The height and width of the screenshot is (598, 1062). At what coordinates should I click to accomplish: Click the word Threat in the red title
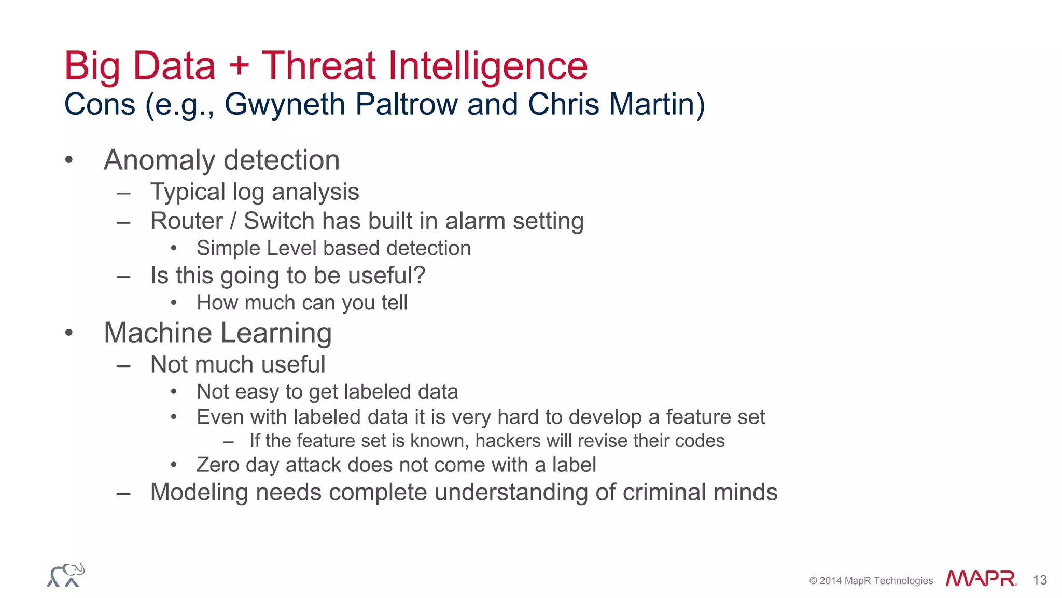coord(318,66)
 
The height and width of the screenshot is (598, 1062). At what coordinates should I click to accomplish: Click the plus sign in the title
coord(239,67)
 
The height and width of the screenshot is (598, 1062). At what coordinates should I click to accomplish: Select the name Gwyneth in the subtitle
coord(285,104)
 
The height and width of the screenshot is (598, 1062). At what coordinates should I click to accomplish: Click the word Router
coord(186,221)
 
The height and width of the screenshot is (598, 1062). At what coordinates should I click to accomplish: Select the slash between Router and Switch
coord(233,221)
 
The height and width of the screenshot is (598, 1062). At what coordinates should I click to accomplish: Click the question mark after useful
coord(419,275)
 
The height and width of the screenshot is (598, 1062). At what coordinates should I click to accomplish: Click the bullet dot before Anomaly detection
coord(69,160)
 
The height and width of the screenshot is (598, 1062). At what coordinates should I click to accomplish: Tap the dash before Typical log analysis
coord(123,194)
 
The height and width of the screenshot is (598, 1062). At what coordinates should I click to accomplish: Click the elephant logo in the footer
coord(66,575)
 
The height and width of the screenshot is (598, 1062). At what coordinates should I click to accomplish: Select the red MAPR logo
coord(981,579)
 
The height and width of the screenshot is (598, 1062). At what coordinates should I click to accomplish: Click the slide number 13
coord(1039,580)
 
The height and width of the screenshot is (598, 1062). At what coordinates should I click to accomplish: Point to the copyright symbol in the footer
coord(813,581)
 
